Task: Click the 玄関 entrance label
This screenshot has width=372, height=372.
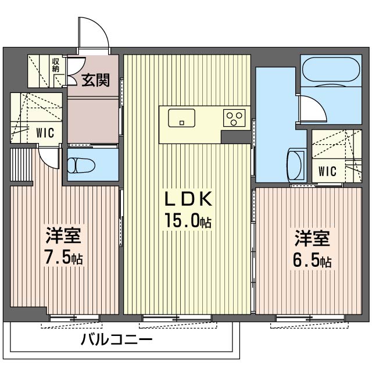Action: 95,80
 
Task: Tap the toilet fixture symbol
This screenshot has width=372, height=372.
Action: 81,165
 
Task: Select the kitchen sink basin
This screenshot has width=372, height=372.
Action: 182,117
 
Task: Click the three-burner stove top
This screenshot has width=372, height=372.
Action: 234,118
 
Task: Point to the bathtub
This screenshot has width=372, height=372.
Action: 331,70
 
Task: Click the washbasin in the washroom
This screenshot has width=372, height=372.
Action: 296,164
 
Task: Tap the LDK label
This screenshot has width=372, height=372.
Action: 188,199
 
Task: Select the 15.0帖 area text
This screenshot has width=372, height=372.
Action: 188,220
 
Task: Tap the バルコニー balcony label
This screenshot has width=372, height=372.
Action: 116,340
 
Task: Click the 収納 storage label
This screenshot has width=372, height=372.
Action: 56,65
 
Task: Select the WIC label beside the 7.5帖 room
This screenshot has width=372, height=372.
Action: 45,133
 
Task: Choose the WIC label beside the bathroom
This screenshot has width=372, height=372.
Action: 327,171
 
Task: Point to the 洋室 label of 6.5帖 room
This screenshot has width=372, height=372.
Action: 312,238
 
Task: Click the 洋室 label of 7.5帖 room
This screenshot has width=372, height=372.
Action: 63,235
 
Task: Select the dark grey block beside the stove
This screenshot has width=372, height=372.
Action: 235,137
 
